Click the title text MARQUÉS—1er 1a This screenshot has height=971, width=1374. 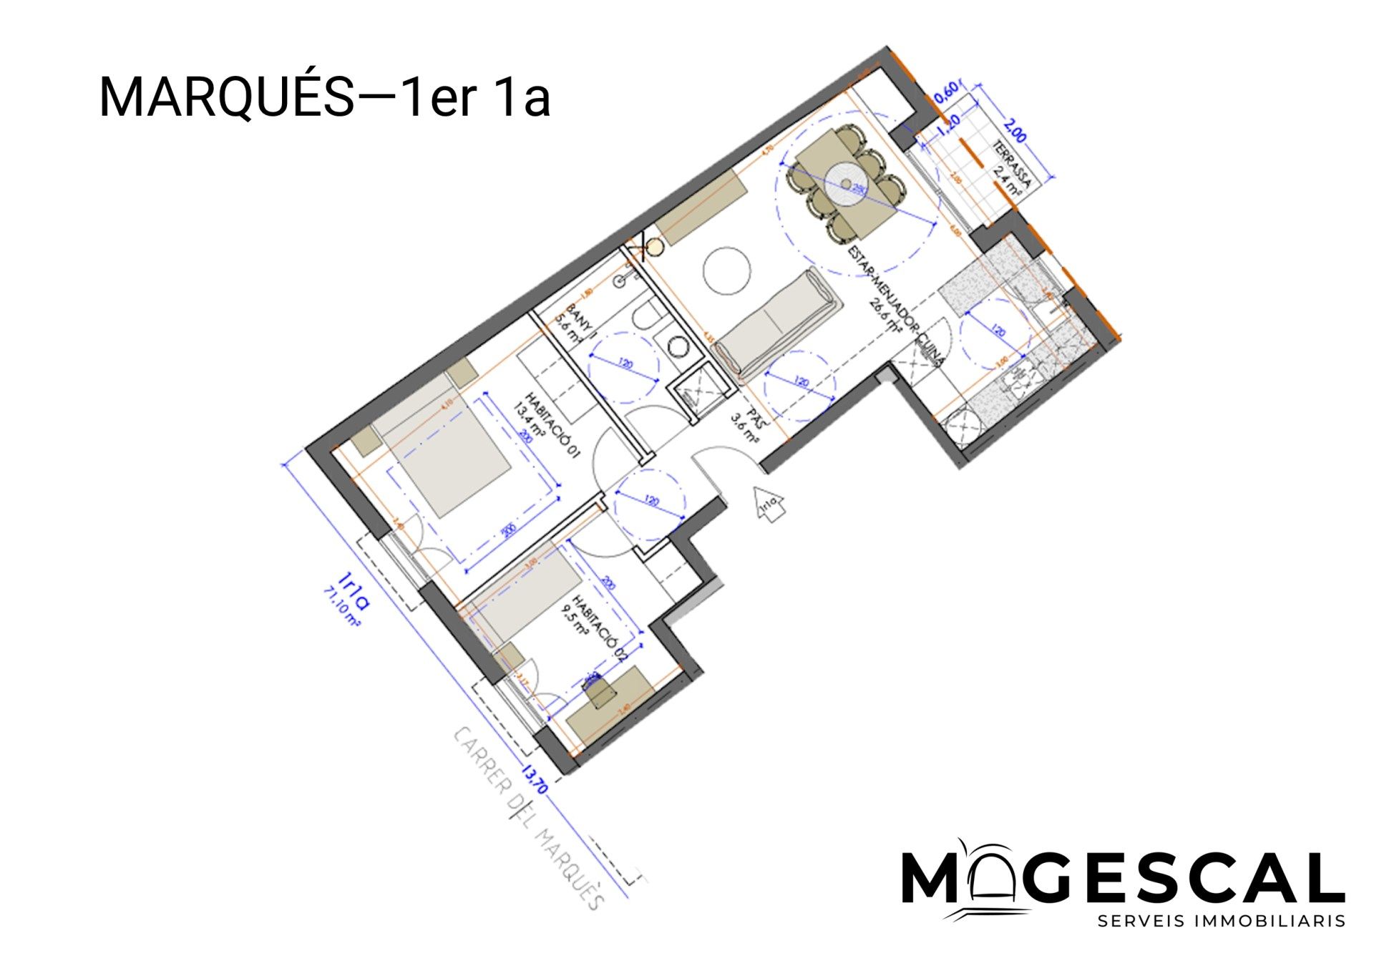(x=324, y=97)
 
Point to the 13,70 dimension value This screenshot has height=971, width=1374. (x=536, y=779)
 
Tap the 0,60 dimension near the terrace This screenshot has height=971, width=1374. (x=946, y=93)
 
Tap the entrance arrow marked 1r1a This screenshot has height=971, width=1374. (x=768, y=504)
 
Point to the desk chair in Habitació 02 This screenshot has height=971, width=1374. (x=600, y=691)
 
